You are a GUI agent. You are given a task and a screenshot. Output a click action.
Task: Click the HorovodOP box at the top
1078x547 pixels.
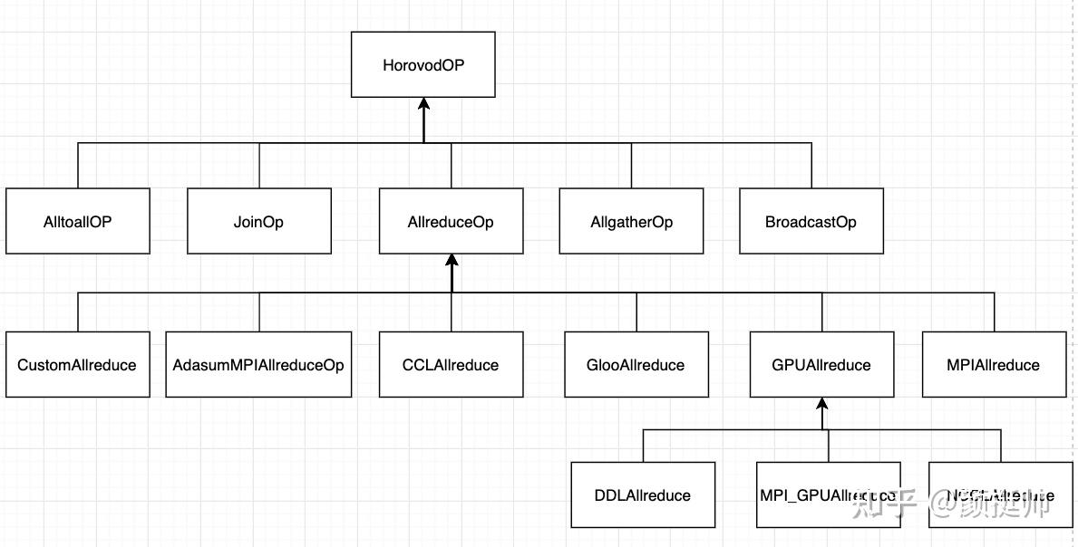423,64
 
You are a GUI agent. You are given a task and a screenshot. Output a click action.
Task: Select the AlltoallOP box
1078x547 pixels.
77,221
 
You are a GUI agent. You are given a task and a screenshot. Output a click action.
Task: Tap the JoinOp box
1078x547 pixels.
258,221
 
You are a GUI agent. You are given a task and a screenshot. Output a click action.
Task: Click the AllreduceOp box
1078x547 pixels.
451,221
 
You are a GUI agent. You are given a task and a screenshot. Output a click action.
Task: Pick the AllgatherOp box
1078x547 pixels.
631,221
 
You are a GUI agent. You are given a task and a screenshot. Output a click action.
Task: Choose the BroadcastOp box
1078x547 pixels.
811,221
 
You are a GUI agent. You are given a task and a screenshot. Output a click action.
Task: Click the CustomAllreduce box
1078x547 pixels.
77,364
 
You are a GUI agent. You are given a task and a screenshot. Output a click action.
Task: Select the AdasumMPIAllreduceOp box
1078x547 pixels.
258,364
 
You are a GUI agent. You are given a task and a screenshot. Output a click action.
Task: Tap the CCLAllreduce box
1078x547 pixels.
451,364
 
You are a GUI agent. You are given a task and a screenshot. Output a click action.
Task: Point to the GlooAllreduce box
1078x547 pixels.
636,364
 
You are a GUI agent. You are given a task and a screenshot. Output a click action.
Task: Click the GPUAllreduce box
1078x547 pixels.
821,364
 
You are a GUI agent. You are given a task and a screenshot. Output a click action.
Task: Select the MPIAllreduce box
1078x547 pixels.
994,364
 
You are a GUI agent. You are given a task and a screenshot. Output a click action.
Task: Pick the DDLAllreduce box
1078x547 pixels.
643,494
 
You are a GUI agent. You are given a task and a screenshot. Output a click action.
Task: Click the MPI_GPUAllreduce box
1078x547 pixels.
828,494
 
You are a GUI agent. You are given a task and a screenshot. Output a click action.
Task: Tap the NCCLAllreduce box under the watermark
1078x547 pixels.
1000,494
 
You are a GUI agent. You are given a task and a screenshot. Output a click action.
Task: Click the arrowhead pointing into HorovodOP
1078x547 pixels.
423,105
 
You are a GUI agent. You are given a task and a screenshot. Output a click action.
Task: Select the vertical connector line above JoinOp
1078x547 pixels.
259,165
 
